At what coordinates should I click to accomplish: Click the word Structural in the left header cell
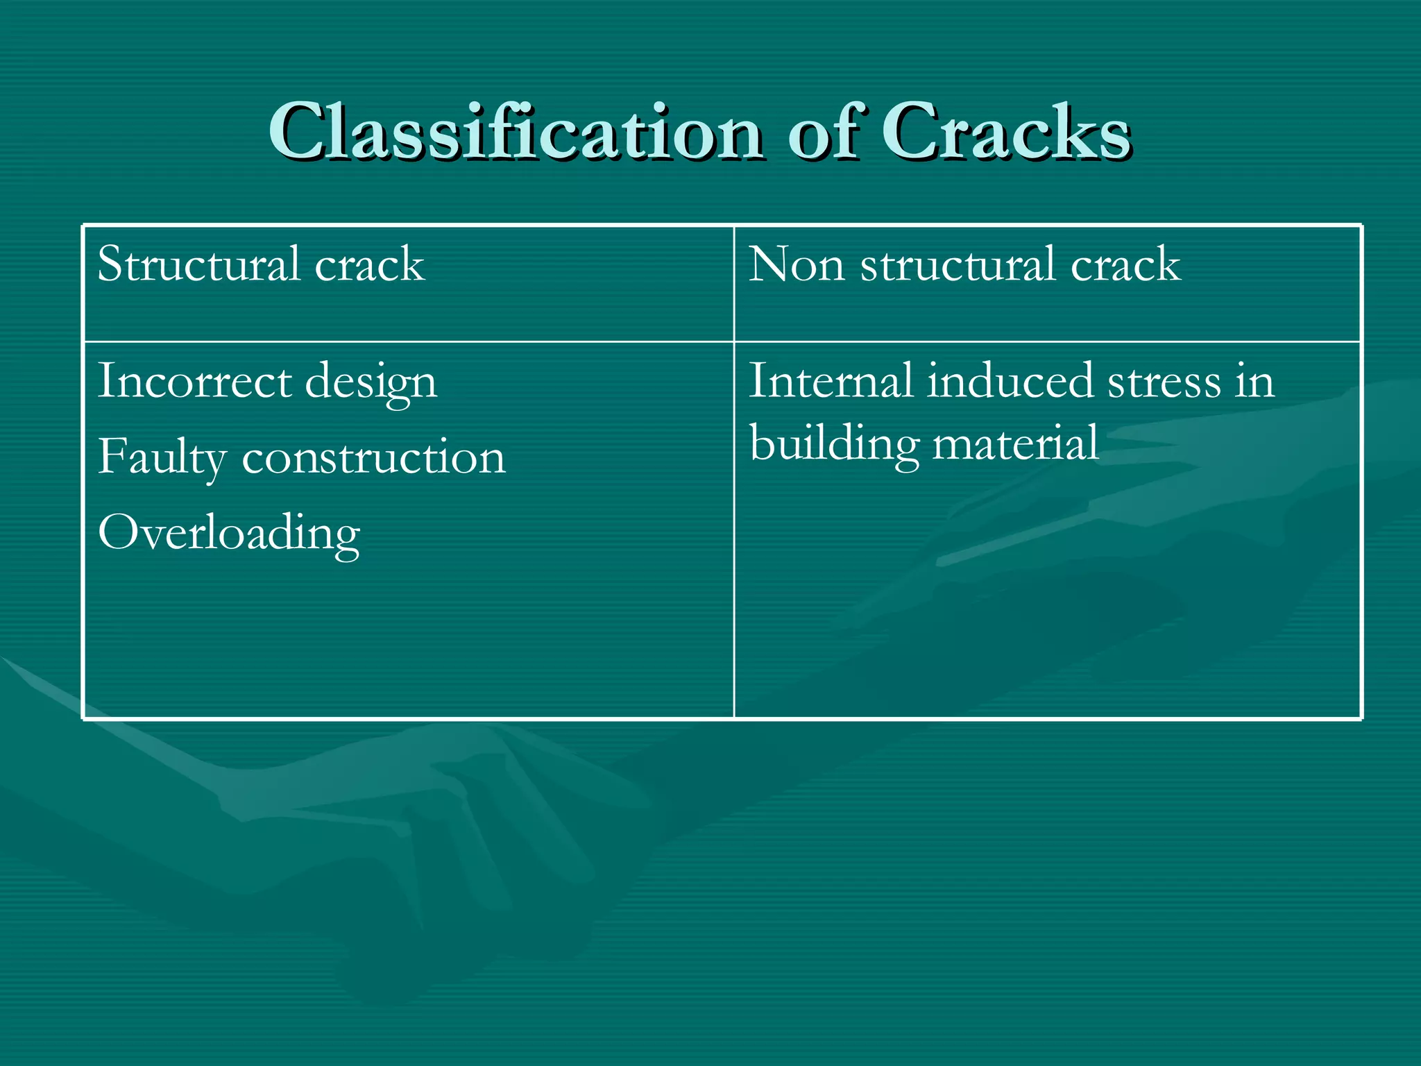(198, 264)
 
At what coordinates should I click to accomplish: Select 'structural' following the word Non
(958, 264)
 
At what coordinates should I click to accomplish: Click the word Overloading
(229, 534)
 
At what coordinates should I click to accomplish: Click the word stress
(1164, 382)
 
